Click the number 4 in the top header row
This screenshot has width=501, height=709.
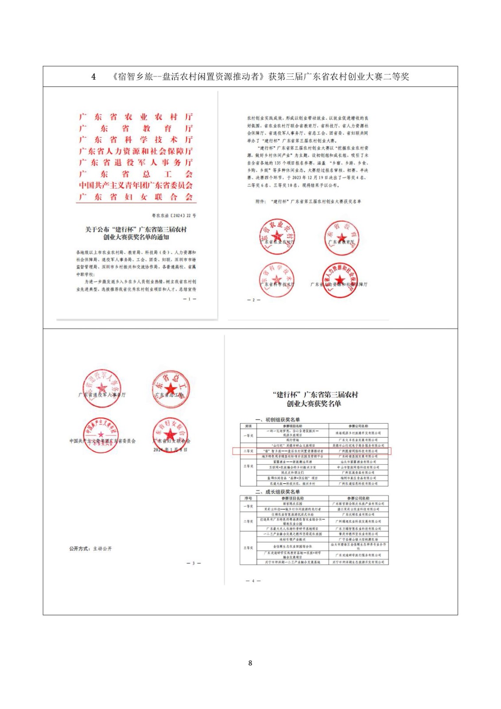click(x=93, y=77)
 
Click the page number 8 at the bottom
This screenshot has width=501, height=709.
click(x=250, y=663)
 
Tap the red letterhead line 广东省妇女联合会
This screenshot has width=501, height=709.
click(x=136, y=197)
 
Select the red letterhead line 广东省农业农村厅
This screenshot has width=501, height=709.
click(x=136, y=117)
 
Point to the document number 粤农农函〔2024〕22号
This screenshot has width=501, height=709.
click(x=174, y=216)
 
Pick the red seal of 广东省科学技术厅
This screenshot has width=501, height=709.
click(x=277, y=280)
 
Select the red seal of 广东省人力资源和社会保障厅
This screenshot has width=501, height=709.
click(x=340, y=280)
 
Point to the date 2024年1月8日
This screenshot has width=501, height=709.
click(x=171, y=449)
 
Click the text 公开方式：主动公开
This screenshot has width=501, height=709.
click(x=90, y=549)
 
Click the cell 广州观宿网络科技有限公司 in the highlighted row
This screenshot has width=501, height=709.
click(x=358, y=451)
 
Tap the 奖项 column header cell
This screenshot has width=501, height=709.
click(x=248, y=426)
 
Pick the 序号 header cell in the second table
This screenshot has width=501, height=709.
click(x=248, y=499)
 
